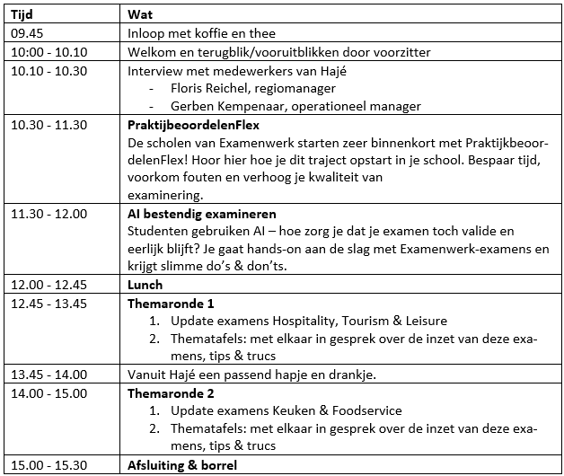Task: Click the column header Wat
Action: click(x=139, y=15)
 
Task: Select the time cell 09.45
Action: click(x=26, y=34)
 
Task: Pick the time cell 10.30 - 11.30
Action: click(x=48, y=125)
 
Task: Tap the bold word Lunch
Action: click(x=145, y=285)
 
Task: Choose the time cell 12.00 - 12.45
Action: click(x=48, y=285)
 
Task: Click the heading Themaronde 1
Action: click(x=171, y=304)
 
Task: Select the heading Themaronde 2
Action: click(x=171, y=392)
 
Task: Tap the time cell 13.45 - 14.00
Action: click(x=48, y=375)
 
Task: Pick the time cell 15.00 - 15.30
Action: click(x=48, y=464)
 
